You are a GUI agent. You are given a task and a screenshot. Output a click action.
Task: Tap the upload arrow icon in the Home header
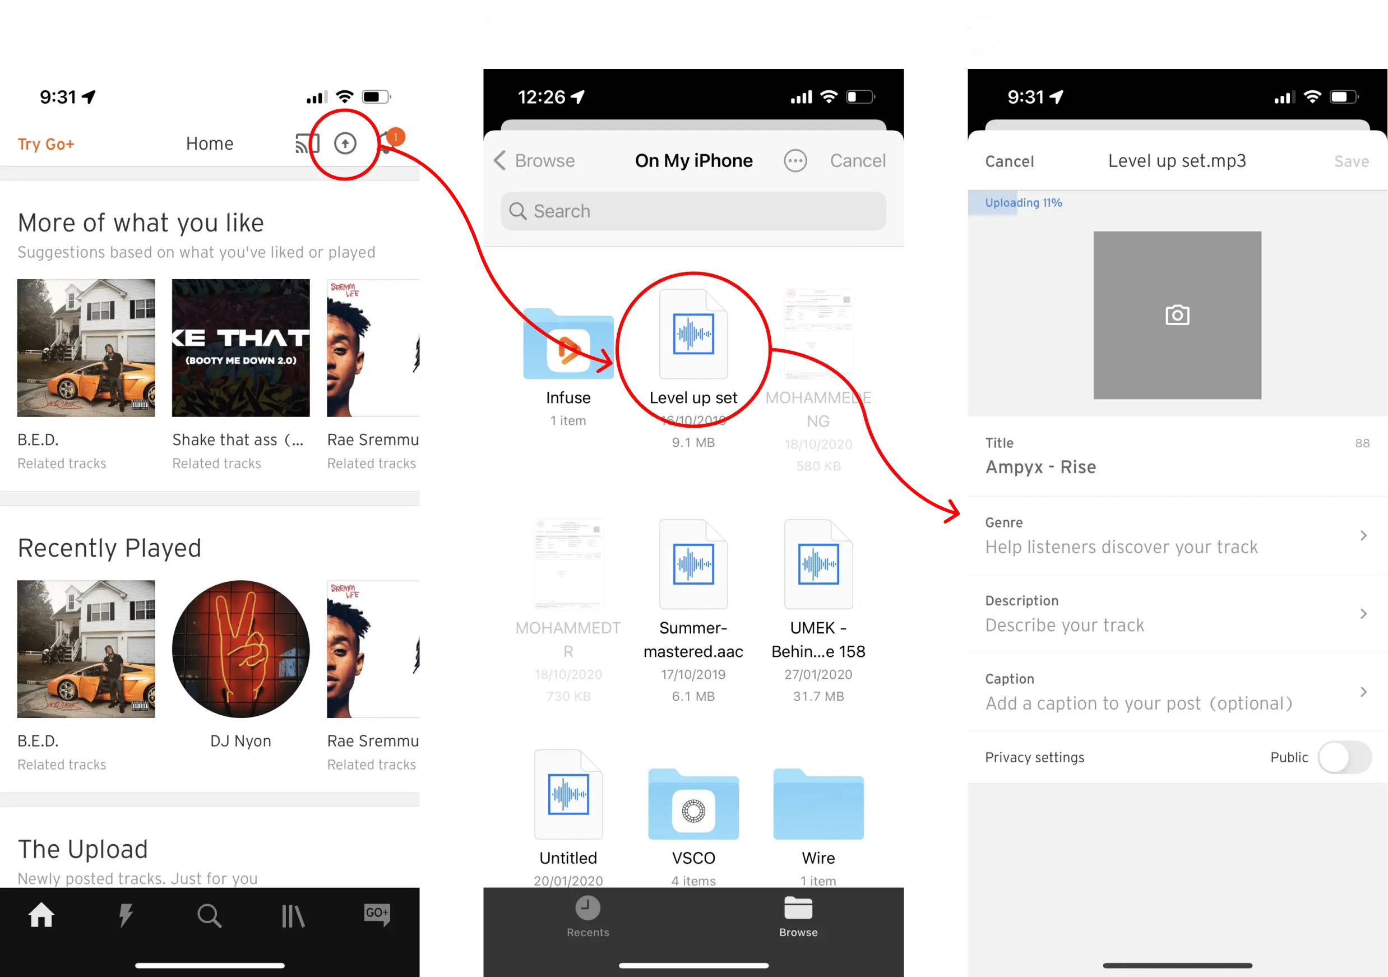(x=345, y=143)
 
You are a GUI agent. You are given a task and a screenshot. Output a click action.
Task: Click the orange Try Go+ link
(x=46, y=144)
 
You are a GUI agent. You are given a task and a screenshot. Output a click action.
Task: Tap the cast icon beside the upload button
(x=307, y=143)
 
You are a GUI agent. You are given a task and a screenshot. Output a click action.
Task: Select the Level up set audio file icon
(x=693, y=334)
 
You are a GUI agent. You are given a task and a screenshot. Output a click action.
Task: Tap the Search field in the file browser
(x=693, y=211)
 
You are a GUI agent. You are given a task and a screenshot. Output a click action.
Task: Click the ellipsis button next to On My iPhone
(x=795, y=161)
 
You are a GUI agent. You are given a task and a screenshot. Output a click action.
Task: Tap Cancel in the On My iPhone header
(x=857, y=161)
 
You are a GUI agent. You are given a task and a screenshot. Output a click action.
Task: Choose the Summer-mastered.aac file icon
(x=693, y=564)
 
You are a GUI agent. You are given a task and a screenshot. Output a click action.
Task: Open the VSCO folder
(x=693, y=805)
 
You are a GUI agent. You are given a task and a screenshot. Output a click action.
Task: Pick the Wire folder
(x=818, y=805)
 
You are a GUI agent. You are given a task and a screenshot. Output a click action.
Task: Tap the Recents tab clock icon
(x=587, y=908)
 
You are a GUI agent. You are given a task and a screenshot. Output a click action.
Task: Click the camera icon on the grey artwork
(x=1177, y=315)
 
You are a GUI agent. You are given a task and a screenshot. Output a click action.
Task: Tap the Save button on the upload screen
(x=1351, y=161)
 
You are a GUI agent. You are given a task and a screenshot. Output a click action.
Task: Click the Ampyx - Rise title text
(x=1040, y=467)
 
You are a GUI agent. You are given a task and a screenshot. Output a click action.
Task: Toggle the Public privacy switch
(x=1344, y=757)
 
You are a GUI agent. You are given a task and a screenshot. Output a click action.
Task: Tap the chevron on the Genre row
(x=1363, y=536)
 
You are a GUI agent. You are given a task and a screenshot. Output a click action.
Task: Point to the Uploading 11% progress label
(x=1023, y=203)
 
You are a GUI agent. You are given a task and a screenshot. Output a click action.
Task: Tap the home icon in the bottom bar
(x=41, y=915)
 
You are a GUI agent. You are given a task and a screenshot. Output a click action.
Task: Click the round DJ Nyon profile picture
(x=240, y=649)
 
